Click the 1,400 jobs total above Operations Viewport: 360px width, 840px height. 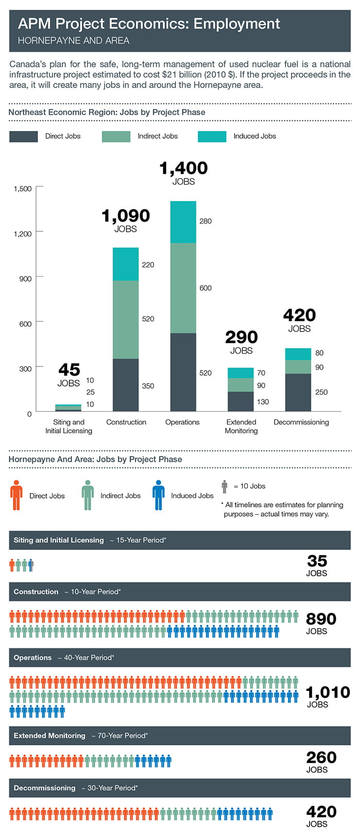[183, 169]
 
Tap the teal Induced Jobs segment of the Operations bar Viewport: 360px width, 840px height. [183, 222]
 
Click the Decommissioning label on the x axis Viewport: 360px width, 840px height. [301, 422]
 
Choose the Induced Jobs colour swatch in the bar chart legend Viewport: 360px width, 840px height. [212, 136]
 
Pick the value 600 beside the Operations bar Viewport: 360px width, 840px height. [205, 288]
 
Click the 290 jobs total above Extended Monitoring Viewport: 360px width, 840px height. [241, 338]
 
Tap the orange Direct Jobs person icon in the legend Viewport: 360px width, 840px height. [16, 495]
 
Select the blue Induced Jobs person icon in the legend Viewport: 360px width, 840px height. [158, 495]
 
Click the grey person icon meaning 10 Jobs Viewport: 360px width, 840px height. [224, 486]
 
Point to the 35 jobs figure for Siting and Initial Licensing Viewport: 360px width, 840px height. [317, 561]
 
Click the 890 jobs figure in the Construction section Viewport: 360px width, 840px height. [321, 619]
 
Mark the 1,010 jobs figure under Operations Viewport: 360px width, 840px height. [328, 692]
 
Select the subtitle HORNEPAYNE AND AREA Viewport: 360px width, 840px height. [74, 41]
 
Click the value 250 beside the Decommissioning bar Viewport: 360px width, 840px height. [321, 392]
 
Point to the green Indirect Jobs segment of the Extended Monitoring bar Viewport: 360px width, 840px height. [241, 385]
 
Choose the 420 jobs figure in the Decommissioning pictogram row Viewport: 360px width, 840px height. [321, 812]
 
